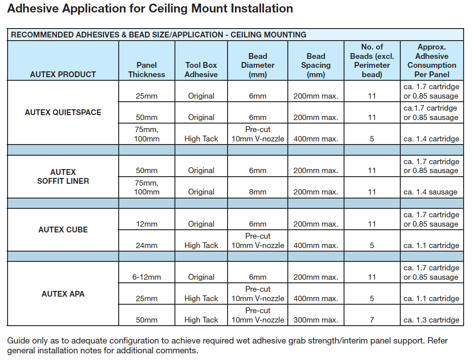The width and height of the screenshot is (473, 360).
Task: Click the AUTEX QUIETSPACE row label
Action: [63, 112]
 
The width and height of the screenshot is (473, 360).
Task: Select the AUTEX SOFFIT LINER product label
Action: [63, 176]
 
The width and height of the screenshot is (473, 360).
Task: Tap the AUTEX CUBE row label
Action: [63, 229]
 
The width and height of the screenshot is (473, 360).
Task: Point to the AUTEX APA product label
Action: [63, 294]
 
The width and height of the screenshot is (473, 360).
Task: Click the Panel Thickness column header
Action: [147, 70]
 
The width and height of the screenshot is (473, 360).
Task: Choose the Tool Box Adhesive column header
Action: [201, 70]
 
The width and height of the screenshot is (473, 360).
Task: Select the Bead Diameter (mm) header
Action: [257, 65]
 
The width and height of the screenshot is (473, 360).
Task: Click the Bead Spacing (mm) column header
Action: [316, 65]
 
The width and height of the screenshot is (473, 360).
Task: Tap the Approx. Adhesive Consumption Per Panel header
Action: [432, 61]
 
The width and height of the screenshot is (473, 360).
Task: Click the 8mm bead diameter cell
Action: [257, 192]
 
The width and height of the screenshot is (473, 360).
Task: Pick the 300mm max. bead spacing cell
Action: [316, 319]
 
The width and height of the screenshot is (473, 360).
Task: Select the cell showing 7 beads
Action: [372, 319]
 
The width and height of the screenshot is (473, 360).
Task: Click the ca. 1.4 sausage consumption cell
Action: [431, 192]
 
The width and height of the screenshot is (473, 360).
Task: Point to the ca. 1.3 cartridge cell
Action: [432, 319]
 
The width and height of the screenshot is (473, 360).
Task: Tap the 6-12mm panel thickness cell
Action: [147, 277]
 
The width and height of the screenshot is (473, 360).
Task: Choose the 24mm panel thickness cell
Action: [147, 245]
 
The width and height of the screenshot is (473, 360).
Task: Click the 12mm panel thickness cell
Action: [147, 224]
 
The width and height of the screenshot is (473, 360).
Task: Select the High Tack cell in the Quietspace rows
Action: [201, 139]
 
